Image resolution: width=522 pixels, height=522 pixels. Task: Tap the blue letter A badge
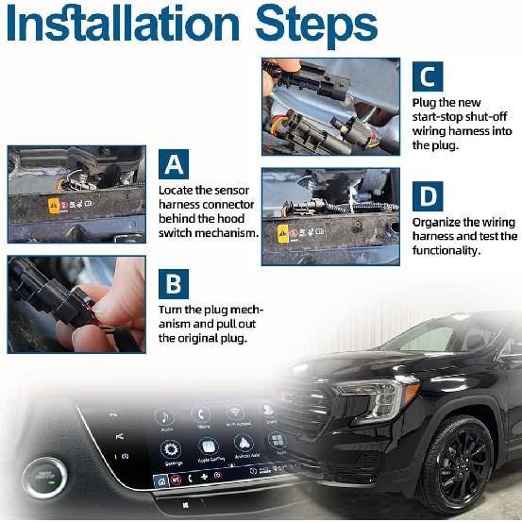point(174,164)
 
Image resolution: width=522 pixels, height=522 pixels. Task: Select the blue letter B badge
point(174,284)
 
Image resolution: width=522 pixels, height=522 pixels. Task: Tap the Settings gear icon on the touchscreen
point(172,450)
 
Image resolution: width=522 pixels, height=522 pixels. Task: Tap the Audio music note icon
point(166,416)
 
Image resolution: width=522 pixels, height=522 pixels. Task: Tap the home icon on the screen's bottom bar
point(161,481)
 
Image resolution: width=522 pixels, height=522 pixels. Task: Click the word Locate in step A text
point(177,189)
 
